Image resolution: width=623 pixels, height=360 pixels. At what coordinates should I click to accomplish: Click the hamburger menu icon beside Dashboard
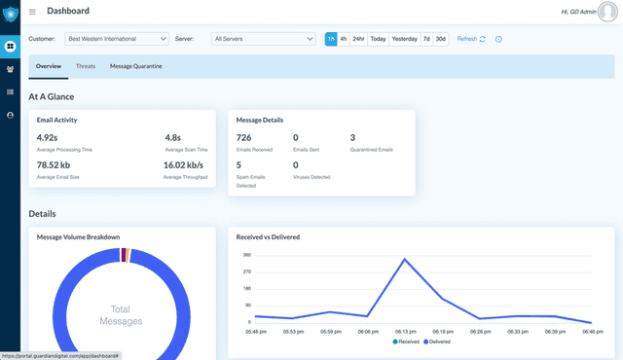coord(32,12)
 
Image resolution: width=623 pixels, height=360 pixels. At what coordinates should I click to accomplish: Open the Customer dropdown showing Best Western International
coord(117,39)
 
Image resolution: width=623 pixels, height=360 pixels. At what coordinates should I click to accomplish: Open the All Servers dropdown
coord(263,39)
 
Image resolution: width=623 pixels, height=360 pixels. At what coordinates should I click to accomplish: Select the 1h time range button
coord(331,39)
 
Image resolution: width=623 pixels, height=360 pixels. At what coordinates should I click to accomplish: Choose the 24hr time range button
coord(359,39)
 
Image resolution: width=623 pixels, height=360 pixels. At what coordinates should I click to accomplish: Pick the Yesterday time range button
coord(404,39)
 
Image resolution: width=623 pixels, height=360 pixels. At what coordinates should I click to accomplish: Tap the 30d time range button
coord(440,39)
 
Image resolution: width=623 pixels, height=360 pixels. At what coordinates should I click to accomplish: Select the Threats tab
coord(86,66)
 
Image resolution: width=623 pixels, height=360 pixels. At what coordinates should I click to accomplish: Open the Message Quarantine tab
coord(136,66)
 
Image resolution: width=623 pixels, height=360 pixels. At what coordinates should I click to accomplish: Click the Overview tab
coord(49,66)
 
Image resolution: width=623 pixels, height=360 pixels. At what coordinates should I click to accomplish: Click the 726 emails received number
coord(243,138)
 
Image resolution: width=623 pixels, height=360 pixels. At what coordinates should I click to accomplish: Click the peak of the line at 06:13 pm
coord(404,259)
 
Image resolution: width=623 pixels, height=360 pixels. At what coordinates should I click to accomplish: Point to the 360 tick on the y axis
coord(246,255)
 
